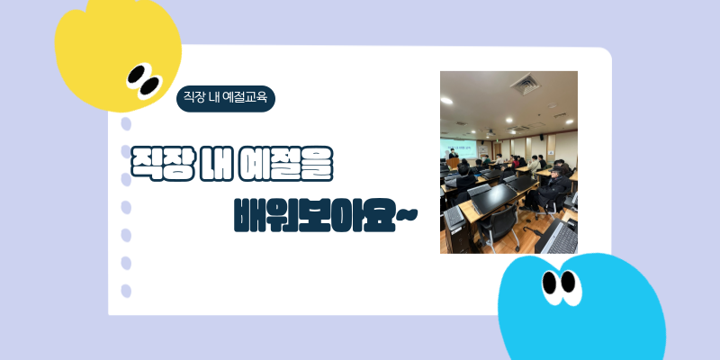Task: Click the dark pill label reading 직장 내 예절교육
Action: coord(226,98)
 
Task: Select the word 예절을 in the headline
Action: coord(285,164)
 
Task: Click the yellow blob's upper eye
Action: coord(136,75)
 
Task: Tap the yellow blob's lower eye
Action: coord(150,85)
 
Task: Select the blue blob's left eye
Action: coord(550,283)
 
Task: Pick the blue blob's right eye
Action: coord(568,282)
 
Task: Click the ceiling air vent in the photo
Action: coord(526,84)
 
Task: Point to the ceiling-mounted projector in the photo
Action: coord(491,132)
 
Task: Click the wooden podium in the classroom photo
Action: coord(454,163)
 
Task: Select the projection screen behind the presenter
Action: coord(459,148)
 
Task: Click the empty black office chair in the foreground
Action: coord(499,229)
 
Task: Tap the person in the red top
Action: coord(516,162)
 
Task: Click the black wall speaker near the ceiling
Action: coord(542,138)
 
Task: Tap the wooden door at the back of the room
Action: coord(498,149)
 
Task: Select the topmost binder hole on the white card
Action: coord(126,124)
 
